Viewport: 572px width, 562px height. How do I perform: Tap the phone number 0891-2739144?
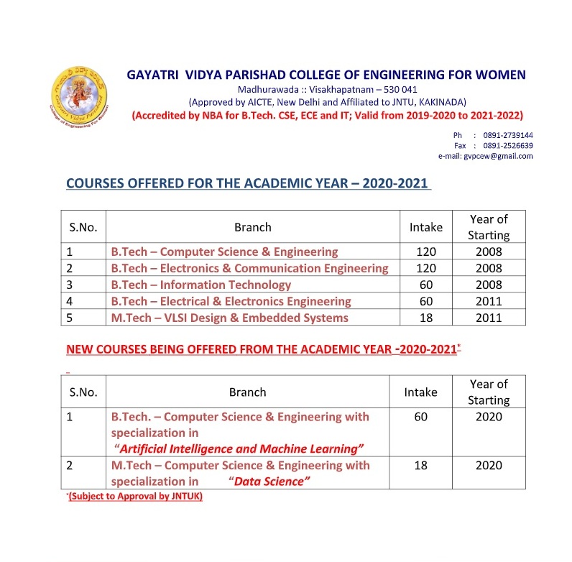point(509,135)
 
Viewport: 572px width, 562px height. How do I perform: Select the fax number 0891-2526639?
point(509,145)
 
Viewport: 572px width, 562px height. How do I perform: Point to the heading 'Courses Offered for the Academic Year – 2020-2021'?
point(248,183)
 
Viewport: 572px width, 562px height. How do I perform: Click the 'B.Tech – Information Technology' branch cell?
point(200,285)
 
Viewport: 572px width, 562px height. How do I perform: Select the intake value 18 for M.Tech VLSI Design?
point(426,318)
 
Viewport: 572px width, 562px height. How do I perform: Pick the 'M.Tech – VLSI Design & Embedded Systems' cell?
point(229,318)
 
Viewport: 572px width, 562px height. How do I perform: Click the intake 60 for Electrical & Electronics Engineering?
point(426,301)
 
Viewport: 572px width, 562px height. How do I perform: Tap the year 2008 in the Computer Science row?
point(489,252)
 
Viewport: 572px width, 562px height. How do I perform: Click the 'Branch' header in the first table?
point(253,227)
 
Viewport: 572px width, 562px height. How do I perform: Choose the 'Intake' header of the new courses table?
point(421,392)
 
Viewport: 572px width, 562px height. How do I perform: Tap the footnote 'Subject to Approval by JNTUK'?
point(135,497)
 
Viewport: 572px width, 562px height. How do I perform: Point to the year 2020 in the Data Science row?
point(489,466)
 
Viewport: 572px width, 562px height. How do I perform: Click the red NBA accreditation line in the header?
point(327,116)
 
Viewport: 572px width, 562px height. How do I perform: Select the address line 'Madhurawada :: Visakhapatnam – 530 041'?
point(327,90)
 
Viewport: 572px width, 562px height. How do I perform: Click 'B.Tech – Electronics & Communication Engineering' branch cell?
point(249,268)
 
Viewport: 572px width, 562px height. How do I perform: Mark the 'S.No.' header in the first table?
point(83,227)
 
